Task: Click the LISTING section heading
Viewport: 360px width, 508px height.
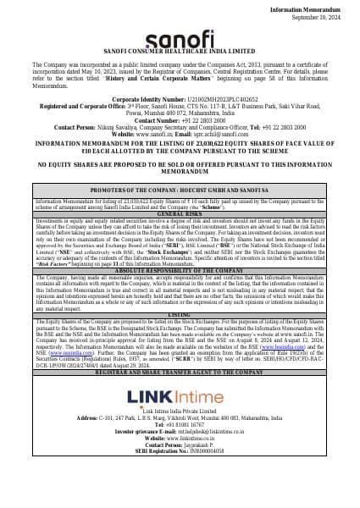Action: [180, 313]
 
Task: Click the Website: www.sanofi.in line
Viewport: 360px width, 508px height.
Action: [180, 134]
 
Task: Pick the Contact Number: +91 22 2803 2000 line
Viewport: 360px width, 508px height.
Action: [180, 121]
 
